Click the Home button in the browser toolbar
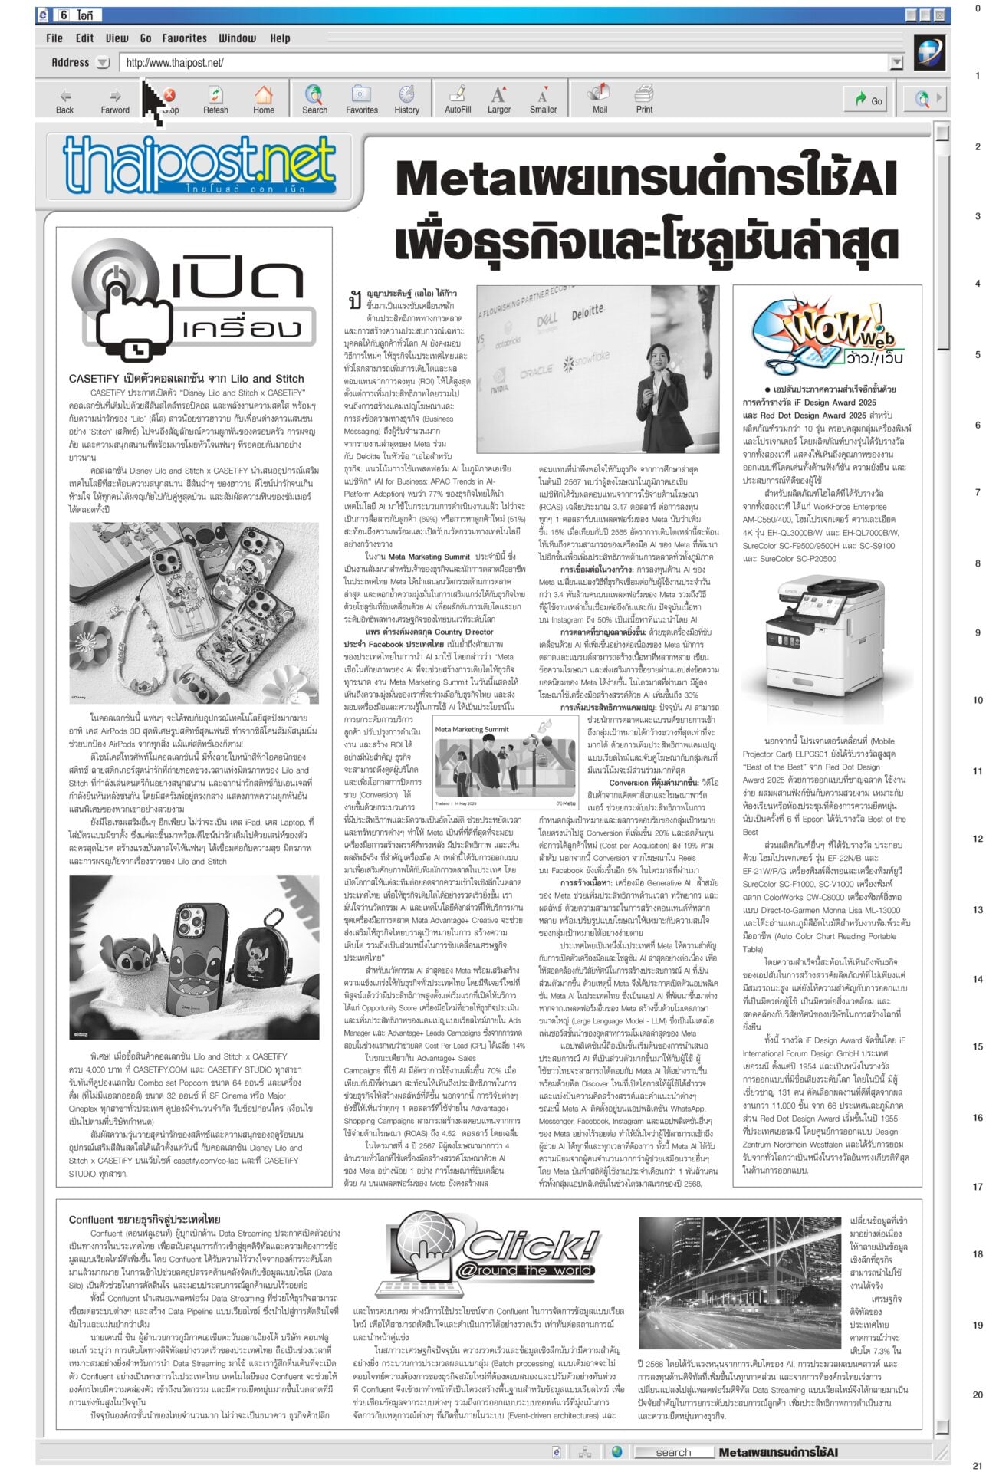[264, 100]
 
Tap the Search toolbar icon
[314, 100]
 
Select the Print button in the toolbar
[644, 100]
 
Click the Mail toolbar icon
[600, 100]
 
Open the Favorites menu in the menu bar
[184, 38]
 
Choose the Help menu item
[280, 38]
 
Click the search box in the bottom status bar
[672, 1452]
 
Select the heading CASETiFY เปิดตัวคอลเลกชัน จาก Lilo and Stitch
[186, 379]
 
